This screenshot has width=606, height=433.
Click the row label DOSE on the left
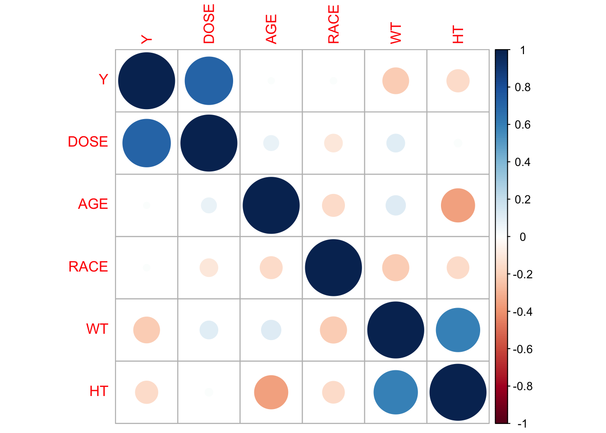[88, 142]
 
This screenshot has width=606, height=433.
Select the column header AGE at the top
[271, 29]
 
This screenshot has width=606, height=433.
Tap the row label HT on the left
[99, 391]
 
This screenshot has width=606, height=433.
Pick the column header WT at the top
[395, 34]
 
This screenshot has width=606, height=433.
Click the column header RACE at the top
[333, 24]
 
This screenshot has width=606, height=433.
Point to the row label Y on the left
[103, 79]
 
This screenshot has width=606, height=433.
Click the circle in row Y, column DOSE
[209, 81]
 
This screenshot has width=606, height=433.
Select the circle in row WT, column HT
[458, 330]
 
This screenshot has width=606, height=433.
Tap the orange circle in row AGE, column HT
[458, 205]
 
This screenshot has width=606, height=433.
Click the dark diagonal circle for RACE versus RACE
[333, 267]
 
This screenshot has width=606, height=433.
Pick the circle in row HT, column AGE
[271, 392]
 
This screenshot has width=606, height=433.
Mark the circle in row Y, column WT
[395, 81]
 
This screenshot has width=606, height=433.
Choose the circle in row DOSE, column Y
[147, 143]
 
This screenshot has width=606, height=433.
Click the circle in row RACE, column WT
[395, 267]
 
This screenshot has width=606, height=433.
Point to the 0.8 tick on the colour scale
[522, 88]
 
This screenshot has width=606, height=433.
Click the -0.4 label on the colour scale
[522, 312]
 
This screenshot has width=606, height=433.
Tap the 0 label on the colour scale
[522, 237]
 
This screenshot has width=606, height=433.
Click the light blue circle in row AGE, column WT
[395, 205]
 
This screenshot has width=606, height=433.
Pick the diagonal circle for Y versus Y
[147, 81]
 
